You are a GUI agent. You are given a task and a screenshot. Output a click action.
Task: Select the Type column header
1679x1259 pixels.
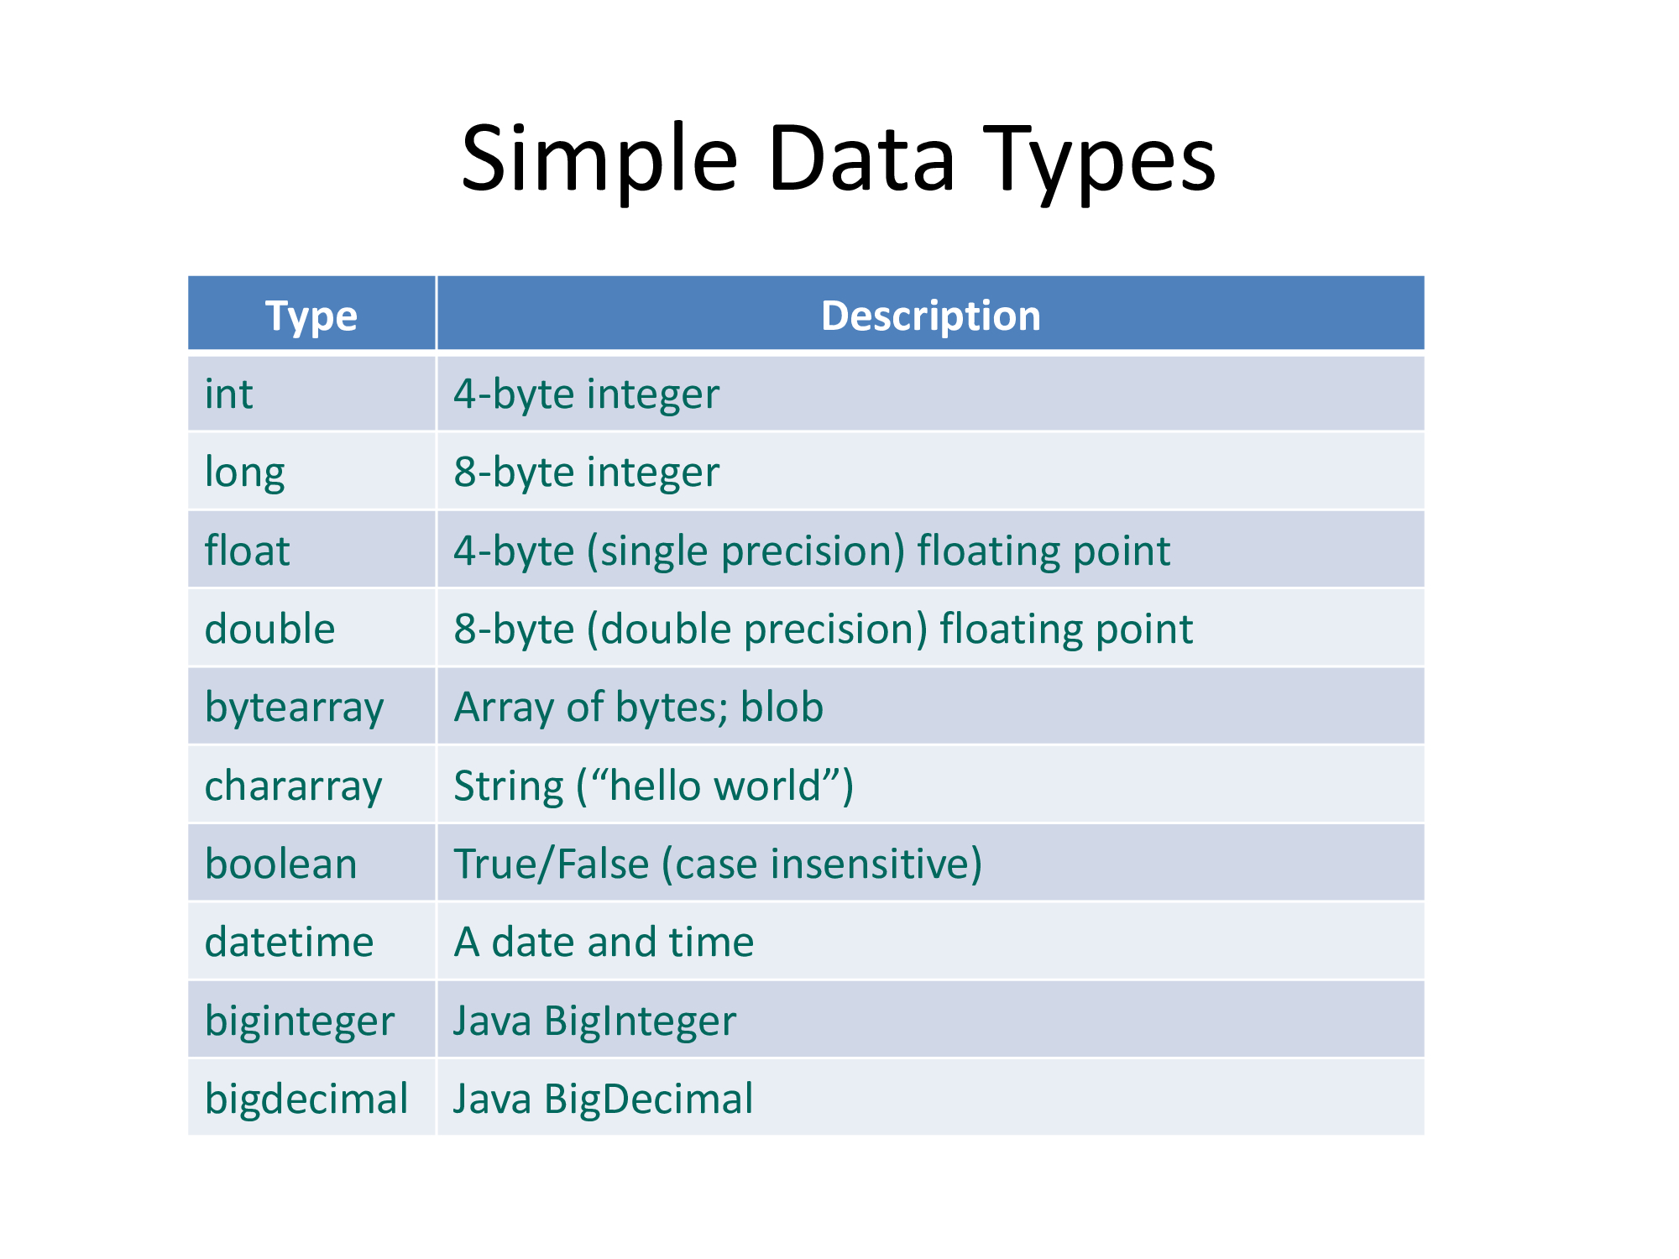coord(311,316)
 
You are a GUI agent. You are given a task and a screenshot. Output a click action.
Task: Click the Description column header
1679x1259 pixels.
coord(930,316)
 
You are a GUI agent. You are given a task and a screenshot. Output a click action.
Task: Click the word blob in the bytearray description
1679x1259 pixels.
coord(782,707)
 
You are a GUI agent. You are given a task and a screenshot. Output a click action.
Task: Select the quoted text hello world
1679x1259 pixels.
coord(714,786)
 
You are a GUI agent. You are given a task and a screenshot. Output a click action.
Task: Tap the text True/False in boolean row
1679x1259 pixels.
coord(552,864)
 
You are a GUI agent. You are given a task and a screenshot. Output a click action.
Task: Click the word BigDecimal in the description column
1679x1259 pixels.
coord(648,1099)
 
